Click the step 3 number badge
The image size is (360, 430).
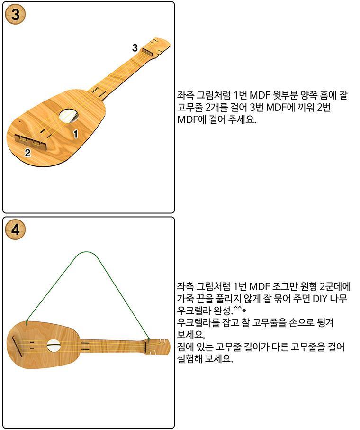[x=15, y=15]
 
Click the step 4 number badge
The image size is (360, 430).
[x=15, y=230]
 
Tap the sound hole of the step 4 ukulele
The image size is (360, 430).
[x=54, y=346]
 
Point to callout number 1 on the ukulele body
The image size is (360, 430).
[x=75, y=134]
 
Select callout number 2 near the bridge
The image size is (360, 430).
[x=27, y=153]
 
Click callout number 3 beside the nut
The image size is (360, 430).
[x=135, y=48]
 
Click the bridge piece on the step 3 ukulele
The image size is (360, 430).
[x=31, y=142]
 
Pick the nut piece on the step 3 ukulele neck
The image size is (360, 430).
[x=148, y=52]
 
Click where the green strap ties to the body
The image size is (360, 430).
[x=27, y=322]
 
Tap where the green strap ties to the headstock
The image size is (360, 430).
[x=148, y=340]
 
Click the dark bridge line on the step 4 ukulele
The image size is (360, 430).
[x=17, y=347]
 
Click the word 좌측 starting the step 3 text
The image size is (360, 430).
[x=186, y=95]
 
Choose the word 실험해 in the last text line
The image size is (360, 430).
[x=191, y=359]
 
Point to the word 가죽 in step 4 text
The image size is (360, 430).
[x=186, y=298]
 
